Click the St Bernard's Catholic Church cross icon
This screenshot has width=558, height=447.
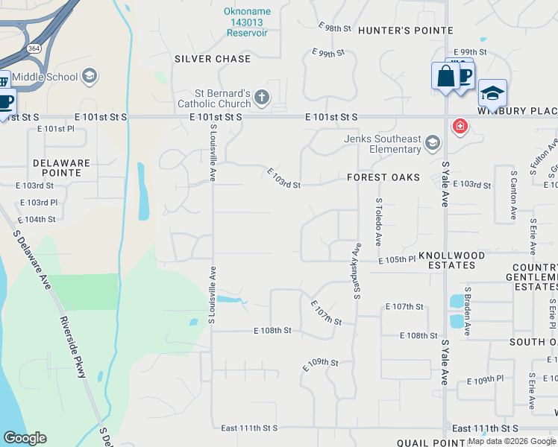click(261, 96)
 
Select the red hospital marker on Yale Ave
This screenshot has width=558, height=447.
click(460, 126)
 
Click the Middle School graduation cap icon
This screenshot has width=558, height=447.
click(90, 76)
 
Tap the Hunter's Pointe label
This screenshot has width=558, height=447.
click(405, 31)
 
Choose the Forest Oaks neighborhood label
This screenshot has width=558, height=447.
click(383, 177)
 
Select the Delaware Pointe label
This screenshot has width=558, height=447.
click(61, 168)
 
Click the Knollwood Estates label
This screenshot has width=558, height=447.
click(451, 260)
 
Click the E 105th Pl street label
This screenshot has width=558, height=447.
click(396, 259)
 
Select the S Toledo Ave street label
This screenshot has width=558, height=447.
click(379, 222)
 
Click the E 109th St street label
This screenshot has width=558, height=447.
click(322, 365)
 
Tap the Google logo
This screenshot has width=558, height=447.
click(25, 438)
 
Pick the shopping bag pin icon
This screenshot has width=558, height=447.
click(445, 76)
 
